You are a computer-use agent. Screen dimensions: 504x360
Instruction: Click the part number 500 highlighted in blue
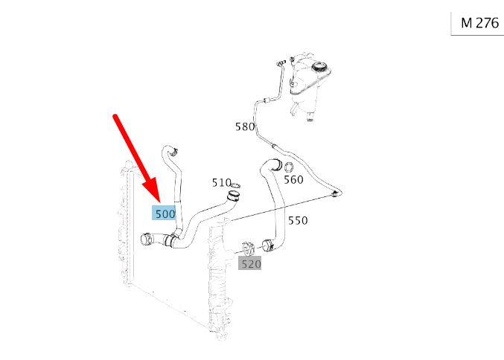[165, 214]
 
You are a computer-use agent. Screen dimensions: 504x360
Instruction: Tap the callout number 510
[221, 183]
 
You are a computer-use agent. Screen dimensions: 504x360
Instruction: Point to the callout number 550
[298, 221]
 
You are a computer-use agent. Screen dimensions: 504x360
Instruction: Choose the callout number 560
[293, 179]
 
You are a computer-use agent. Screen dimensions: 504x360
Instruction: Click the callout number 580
[245, 127]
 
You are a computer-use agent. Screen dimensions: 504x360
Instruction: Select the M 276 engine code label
[479, 23]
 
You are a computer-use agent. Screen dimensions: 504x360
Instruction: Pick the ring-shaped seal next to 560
[288, 167]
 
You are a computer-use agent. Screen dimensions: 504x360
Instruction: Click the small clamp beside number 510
[236, 185]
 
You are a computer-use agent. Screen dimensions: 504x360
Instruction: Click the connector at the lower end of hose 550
[268, 245]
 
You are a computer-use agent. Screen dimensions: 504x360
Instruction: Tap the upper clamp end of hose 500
[173, 151]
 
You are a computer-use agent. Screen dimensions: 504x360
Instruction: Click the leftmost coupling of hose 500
[147, 240]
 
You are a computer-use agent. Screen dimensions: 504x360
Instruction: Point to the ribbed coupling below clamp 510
[233, 196]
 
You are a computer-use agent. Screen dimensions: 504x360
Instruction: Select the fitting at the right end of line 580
[336, 193]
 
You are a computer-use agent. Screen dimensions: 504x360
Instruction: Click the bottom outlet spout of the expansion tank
[310, 116]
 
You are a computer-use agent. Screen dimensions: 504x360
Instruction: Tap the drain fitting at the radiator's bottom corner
[221, 336]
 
